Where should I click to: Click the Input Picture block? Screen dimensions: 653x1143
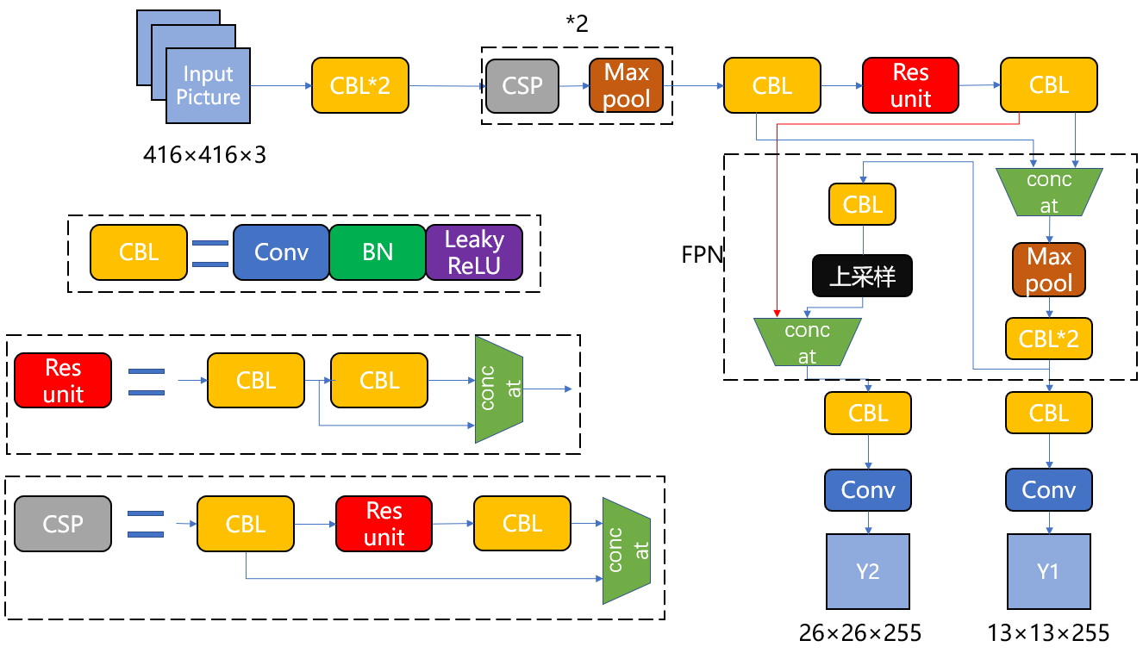click(208, 86)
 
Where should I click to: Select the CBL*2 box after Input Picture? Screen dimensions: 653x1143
click(360, 85)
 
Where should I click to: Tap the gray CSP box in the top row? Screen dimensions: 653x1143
click(522, 85)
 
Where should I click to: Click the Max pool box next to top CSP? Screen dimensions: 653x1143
click(627, 85)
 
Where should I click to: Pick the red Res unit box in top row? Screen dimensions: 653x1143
click(910, 85)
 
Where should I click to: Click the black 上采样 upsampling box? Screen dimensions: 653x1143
click(862, 276)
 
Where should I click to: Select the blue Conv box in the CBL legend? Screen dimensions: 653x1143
click(281, 252)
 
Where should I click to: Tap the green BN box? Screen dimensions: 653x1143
click(378, 252)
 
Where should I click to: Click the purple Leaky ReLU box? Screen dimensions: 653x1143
click(474, 252)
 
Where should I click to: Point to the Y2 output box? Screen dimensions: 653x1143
click(868, 571)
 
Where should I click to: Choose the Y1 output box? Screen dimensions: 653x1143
click(1048, 571)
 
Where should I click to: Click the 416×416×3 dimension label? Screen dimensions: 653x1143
click(206, 155)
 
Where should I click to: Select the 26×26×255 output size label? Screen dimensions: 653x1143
click(860, 634)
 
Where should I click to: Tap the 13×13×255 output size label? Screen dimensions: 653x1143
click(1048, 634)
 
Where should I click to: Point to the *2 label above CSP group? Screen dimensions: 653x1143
click(577, 23)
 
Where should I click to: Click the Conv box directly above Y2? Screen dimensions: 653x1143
click(868, 489)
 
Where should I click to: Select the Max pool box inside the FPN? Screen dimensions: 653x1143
click(1049, 270)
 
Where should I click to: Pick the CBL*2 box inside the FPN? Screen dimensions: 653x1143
click(1049, 339)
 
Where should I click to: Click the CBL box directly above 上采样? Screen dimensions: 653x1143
click(862, 204)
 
